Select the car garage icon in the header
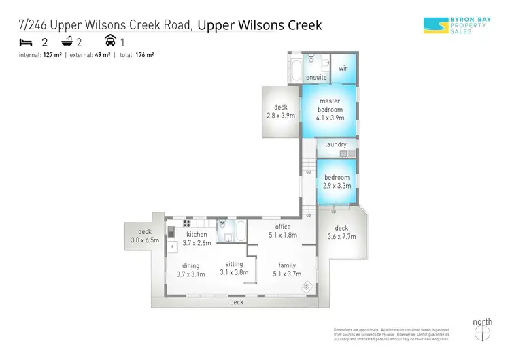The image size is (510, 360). point(109,42)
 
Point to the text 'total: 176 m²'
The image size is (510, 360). point(136,55)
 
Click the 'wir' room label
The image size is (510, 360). point(343,68)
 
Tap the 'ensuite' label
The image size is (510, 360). point(316,78)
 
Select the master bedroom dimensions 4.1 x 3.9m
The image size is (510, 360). point(329,117)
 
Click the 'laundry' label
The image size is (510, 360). point(336,144)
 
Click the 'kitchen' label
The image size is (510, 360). point(196,234)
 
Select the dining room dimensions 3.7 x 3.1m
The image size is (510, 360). point(190,274)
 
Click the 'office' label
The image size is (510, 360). point(282,227)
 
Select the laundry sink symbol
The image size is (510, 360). point(343,153)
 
